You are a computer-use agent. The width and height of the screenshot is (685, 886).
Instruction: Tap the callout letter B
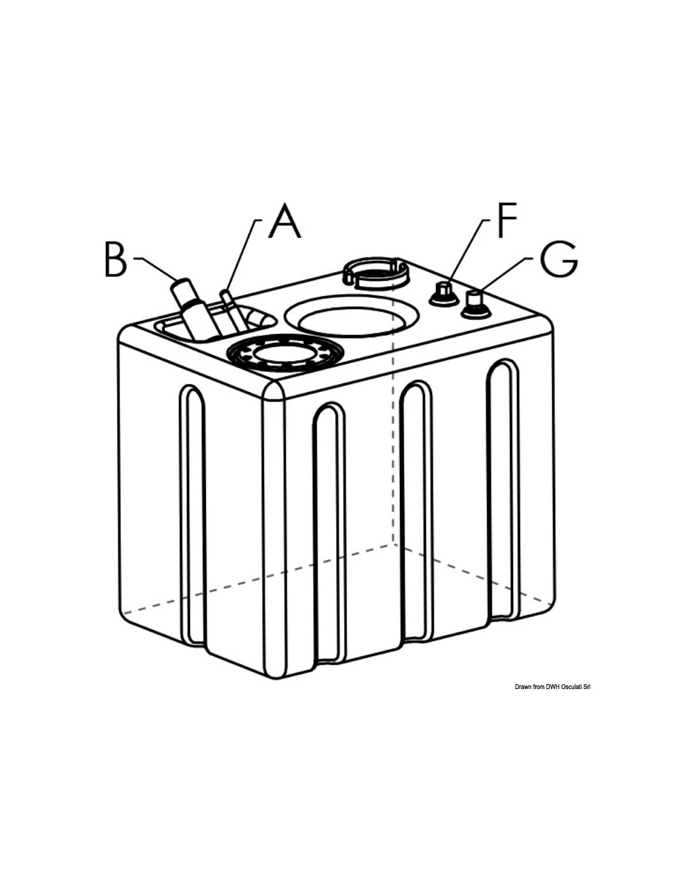click(116, 259)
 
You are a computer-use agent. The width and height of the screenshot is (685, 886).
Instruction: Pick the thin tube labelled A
click(233, 310)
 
